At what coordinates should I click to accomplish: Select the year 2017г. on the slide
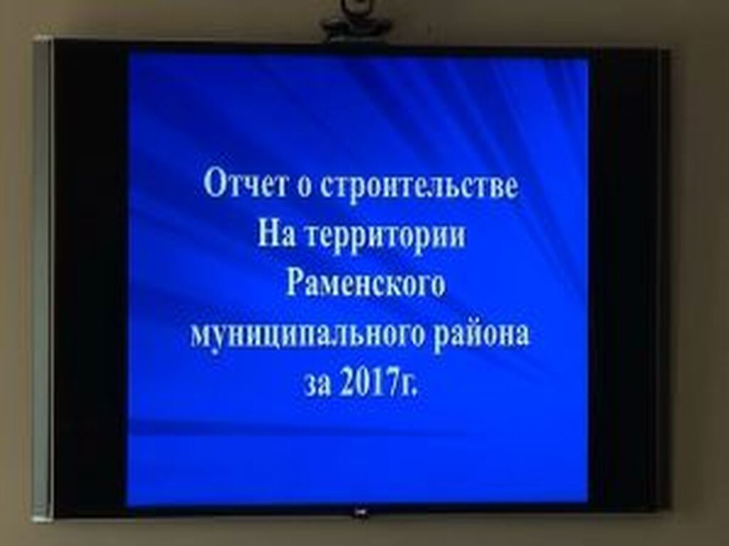click(379, 383)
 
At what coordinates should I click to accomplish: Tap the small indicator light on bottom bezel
click(360, 512)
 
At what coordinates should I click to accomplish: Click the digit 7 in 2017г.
click(391, 383)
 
